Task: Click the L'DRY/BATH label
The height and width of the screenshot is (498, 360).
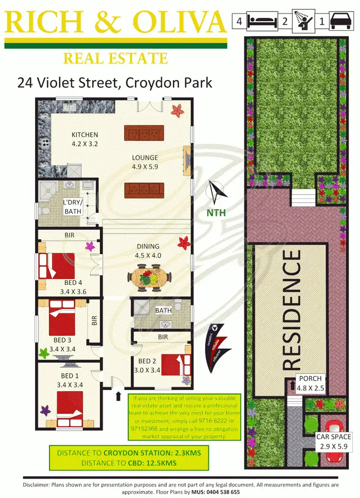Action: pyautogui.click(x=73, y=207)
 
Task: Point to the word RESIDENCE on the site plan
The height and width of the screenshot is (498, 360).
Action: pyautogui.click(x=292, y=309)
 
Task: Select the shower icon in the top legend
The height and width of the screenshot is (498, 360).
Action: pyautogui.click(x=303, y=21)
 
